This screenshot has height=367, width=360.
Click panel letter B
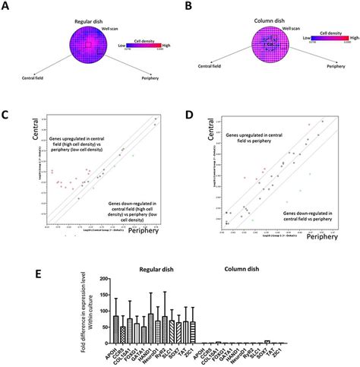[187, 6]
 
